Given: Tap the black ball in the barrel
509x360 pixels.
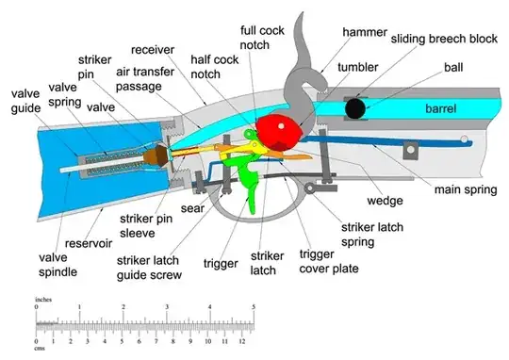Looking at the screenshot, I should (356, 108).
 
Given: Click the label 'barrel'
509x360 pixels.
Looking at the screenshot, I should (440, 109).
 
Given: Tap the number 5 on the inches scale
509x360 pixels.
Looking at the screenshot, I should (252, 307).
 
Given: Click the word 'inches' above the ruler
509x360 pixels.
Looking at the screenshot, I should (43, 300).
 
